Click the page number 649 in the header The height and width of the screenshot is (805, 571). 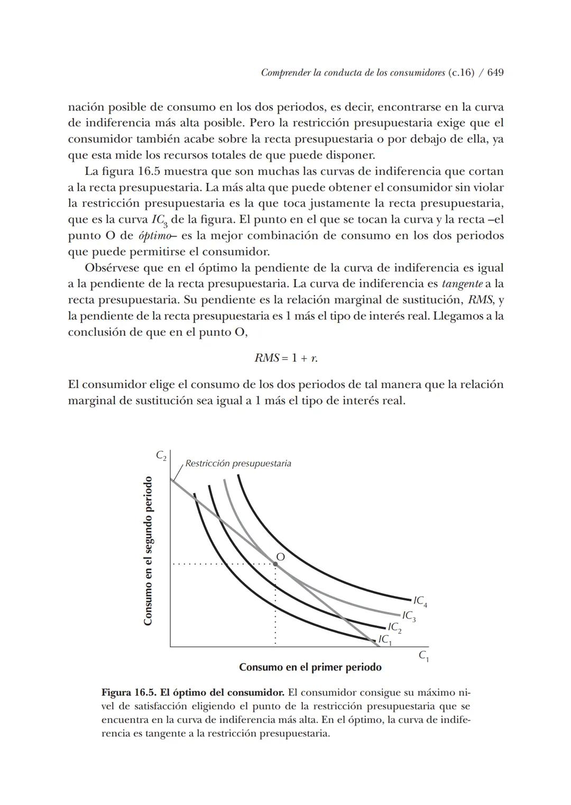click(495, 72)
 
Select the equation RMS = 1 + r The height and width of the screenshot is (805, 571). click(286, 358)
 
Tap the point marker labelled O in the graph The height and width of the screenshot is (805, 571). click(275, 564)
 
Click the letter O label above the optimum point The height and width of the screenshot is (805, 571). click(281, 557)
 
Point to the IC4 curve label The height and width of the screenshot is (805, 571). click(420, 601)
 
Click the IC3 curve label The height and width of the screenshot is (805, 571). click(409, 616)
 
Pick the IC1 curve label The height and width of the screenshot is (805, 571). click(385, 640)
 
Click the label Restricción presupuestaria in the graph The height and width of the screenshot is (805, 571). click(238, 464)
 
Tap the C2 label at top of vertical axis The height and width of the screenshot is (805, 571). click(161, 455)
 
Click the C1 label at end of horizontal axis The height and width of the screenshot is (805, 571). click(423, 656)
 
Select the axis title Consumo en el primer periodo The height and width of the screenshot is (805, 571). click(310, 667)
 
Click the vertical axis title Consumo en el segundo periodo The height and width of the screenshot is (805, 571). click(149, 551)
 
